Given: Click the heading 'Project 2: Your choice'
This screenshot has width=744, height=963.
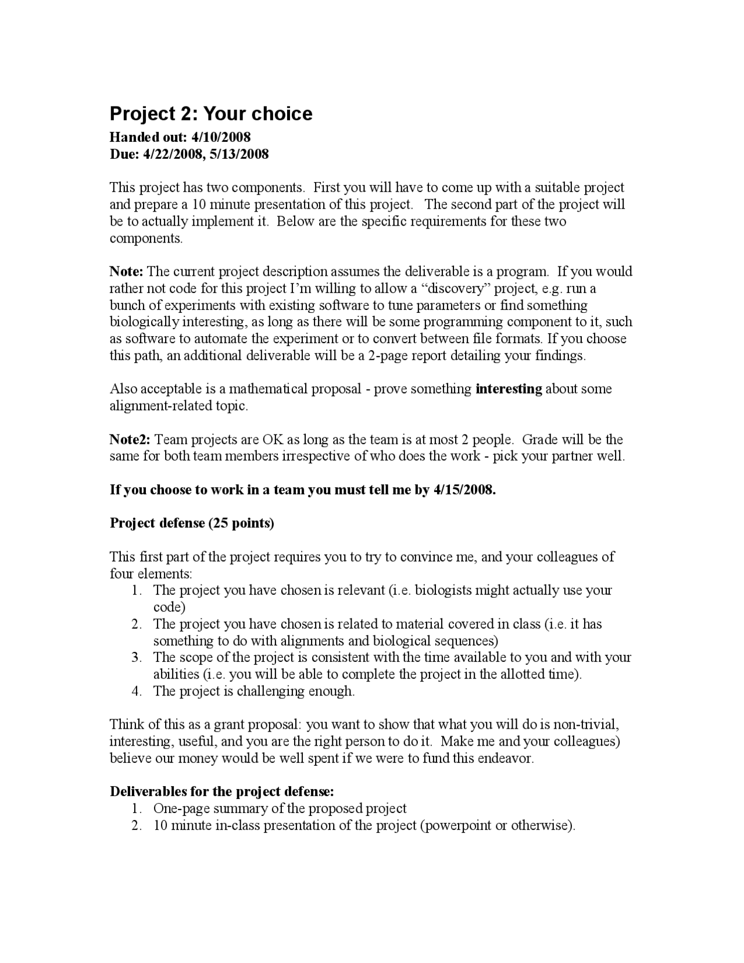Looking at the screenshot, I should [x=211, y=113].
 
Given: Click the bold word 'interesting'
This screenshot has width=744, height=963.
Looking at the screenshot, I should [x=509, y=389].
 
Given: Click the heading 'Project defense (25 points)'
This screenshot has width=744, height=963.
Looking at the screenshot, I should [x=192, y=523].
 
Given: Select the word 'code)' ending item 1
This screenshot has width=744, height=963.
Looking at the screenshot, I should [x=169, y=607].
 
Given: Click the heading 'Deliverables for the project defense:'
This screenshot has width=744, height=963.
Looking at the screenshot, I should [x=222, y=792].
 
